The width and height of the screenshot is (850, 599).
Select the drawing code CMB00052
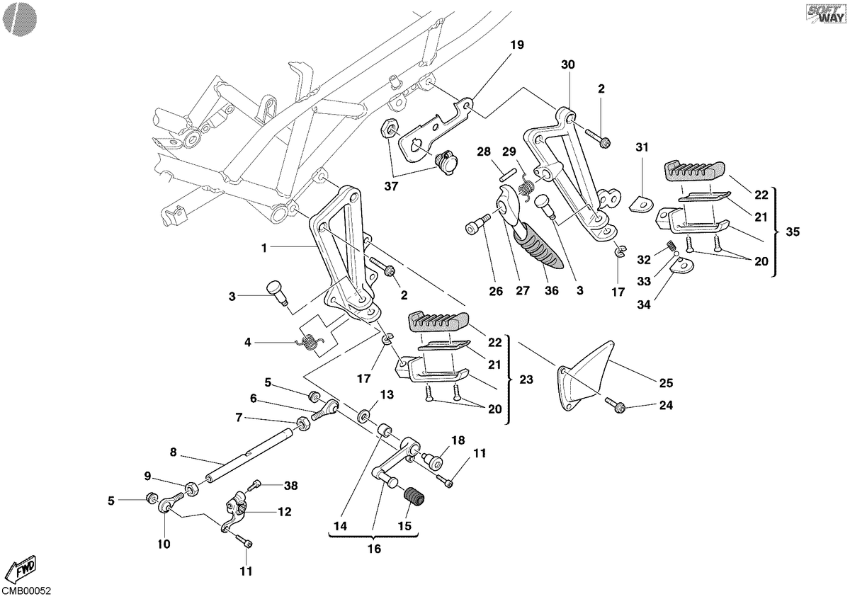pos(26,591)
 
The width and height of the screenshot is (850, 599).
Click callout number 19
pos(517,45)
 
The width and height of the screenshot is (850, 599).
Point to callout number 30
pos(567,64)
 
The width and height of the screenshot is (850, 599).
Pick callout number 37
pos(391,186)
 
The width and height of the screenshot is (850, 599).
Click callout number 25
pos(666,383)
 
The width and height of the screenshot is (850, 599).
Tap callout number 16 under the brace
pos(374,549)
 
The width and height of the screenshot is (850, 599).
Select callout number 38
pos(291,486)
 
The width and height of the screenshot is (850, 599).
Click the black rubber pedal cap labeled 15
pos(414,497)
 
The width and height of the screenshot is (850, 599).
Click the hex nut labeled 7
pos(302,423)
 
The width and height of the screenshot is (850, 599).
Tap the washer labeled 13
pos(364,416)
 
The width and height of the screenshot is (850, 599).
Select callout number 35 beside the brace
pos(793,232)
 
